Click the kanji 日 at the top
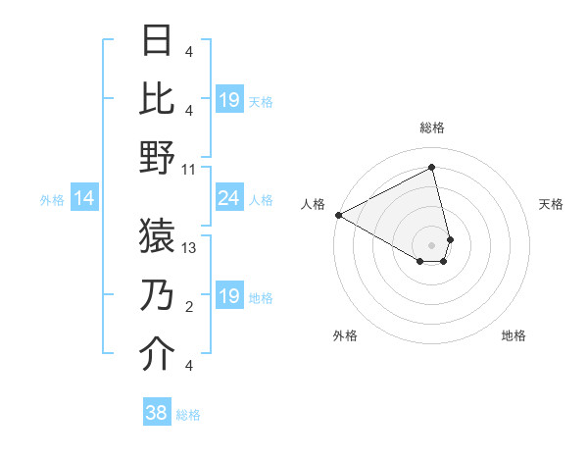[x=157, y=42]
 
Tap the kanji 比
[x=157, y=98]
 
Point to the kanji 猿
[x=157, y=233]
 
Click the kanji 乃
[x=157, y=294]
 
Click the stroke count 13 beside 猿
[x=190, y=248]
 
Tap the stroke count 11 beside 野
[x=190, y=169]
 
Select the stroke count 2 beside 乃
[x=189, y=308]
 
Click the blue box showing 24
[x=228, y=199]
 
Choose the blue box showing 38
[x=156, y=413]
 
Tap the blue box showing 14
[x=84, y=199]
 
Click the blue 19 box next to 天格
[x=228, y=100]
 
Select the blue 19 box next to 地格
[x=228, y=296]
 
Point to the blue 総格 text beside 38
[x=189, y=415]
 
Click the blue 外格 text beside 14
[x=51, y=200]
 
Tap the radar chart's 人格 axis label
[x=314, y=204]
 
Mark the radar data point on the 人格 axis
[x=338, y=214]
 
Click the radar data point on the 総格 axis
[x=431, y=168]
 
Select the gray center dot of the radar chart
[x=431, y=244]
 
